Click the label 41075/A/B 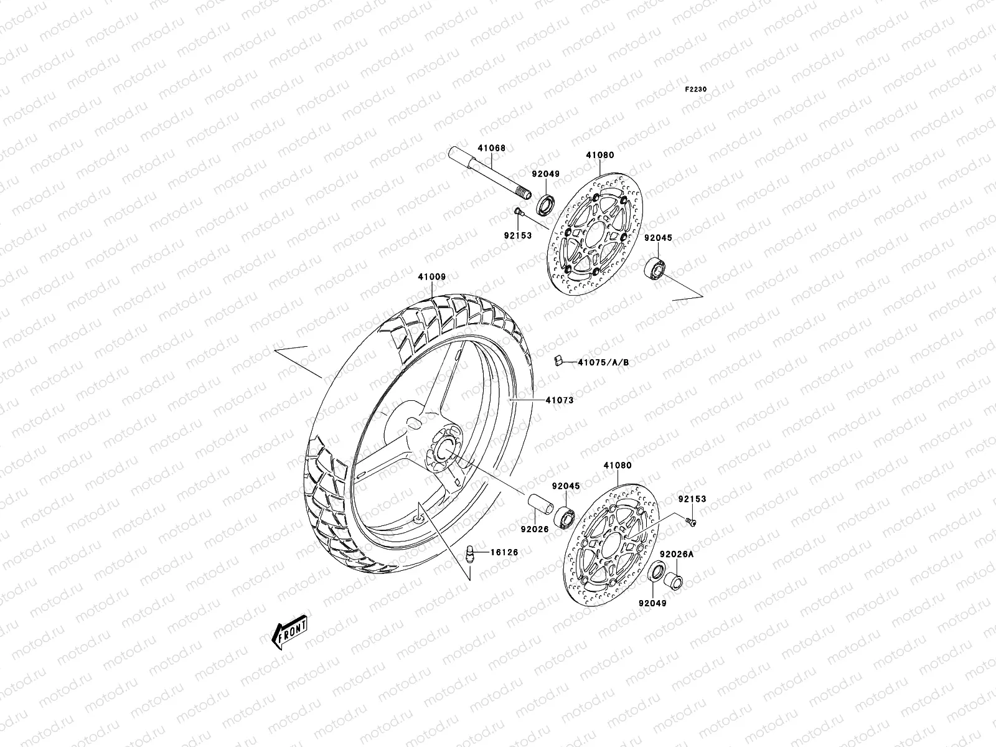[603, 362]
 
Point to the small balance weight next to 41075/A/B [558, 361]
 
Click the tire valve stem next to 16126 [471, 552]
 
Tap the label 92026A [677, 554]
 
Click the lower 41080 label [617, 465]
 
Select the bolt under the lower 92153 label [691, 522]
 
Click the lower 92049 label [652, 603]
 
